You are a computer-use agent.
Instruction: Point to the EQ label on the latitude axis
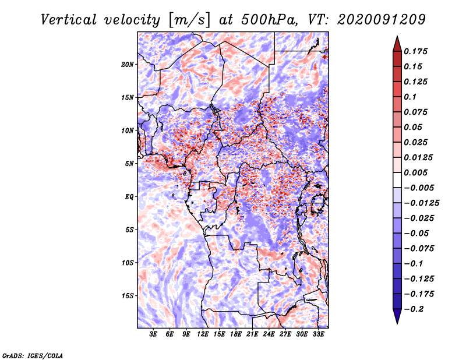129,197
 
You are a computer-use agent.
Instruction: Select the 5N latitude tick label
129,164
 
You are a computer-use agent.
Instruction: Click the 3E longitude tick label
154,334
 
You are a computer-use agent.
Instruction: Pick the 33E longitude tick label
319,334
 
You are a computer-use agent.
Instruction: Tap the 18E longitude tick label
236,334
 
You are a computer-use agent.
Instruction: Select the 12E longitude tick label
203,334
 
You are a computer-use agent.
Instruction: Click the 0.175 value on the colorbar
417,51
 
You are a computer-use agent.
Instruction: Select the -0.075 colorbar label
422,249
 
